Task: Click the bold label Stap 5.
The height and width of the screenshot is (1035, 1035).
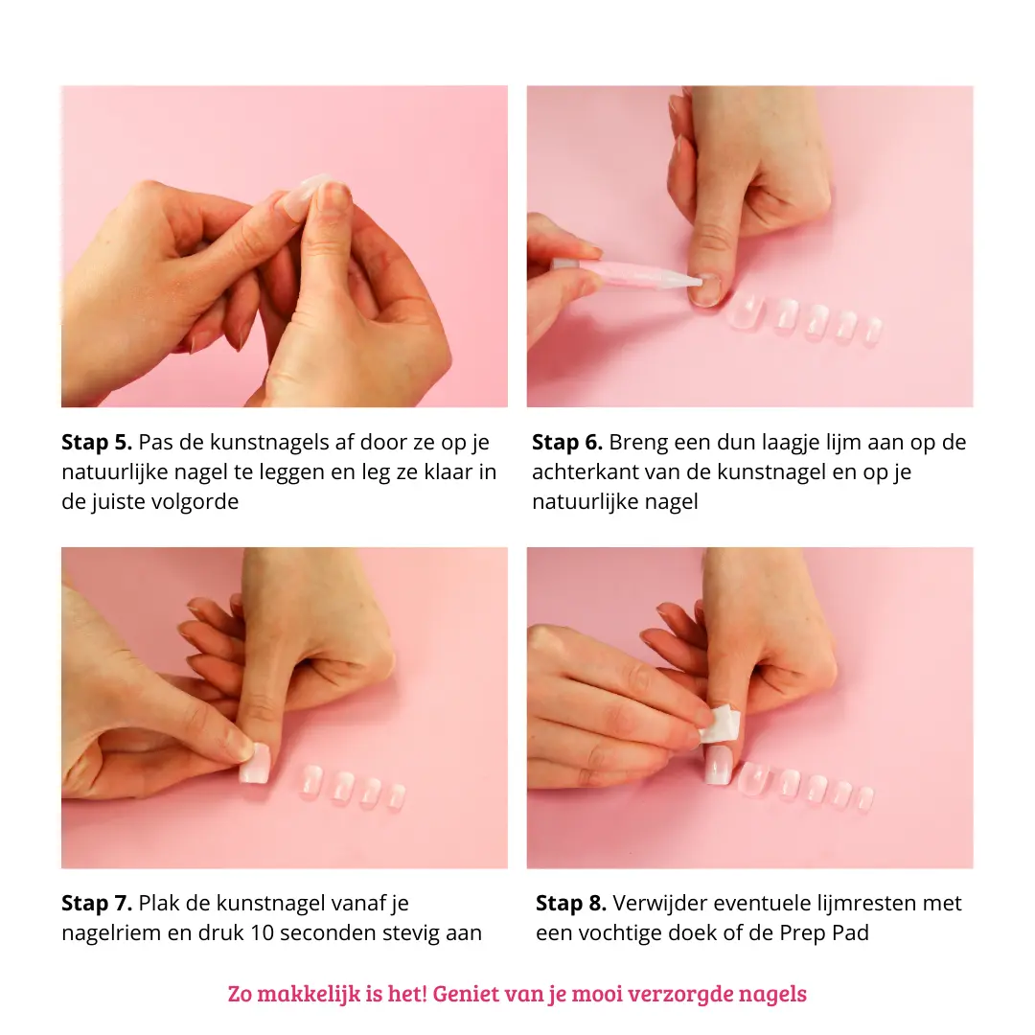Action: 97,443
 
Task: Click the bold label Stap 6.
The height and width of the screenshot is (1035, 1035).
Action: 567,443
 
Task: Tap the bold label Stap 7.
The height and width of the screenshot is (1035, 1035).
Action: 97,904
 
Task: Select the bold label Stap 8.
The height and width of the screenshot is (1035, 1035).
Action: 571,904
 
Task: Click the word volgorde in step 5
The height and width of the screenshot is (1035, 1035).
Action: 195,502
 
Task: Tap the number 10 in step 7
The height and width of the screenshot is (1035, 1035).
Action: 263,932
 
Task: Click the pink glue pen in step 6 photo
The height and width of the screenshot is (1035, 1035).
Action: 627,272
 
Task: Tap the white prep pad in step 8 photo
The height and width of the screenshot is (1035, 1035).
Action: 720,724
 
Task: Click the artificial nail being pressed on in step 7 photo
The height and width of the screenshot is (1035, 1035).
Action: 255,763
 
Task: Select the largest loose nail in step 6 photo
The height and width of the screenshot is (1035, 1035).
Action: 747,310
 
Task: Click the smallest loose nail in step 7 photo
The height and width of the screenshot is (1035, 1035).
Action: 396,796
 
